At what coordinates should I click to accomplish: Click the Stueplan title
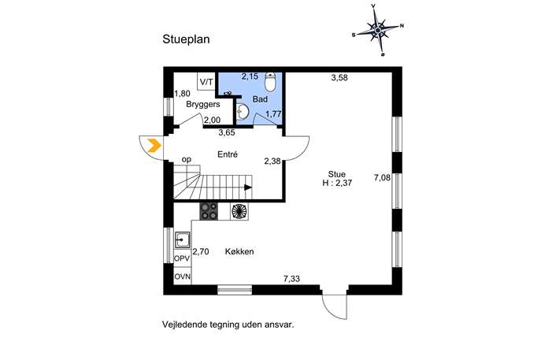tap(186, 39)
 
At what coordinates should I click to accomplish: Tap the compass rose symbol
tap(378, 31)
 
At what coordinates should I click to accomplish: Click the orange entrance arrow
tap(154, 145)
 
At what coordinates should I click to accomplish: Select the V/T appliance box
tap(206, 81)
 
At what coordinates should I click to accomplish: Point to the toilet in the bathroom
tap(270, 82)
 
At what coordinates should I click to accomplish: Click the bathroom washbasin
tap(243, 112)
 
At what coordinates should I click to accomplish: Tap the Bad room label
tap(260, 99)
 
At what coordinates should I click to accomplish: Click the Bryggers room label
tap(203, 104)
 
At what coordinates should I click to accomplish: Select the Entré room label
tap(228, 154)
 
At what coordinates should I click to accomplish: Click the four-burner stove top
tap(209, 211)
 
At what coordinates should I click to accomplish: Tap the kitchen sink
tap(182, 240)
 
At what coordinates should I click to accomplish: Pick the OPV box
tap(182, 258)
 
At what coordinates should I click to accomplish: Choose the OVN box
tap(182, 276)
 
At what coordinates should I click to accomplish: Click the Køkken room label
tap(239, 251)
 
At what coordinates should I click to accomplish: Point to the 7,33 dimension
tap(291, 279)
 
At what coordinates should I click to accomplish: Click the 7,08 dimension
tap(382, 178)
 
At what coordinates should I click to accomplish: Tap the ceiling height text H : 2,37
tap(337, 183)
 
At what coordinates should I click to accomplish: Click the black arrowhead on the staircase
tap(248, 187)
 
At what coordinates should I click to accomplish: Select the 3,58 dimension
tap(339, 78)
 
